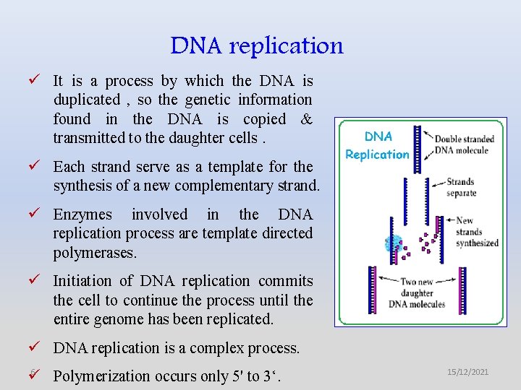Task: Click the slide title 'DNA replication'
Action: pos(257,45)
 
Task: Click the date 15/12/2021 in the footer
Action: pos(467,372)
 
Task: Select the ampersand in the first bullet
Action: pos(306,119)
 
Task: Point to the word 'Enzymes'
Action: pos(82,214)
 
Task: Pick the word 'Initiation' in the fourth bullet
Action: pos(82,281)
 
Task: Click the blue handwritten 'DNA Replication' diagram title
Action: pos(377,145)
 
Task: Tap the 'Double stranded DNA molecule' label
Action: pos(464,144)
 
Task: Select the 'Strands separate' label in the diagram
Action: pos(461,188)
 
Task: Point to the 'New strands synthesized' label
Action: pos(477,232)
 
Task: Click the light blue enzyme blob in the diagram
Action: pos(394,243)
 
